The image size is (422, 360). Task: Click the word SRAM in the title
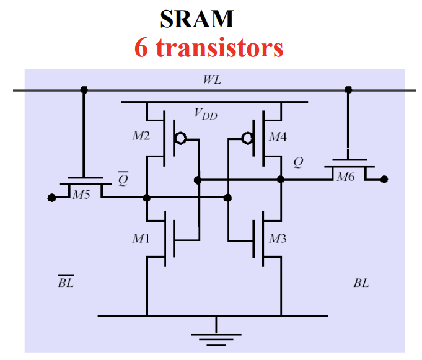197,19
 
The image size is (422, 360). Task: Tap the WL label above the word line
212,81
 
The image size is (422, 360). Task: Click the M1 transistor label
139,239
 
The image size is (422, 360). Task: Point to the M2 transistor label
141,136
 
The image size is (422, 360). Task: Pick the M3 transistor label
277,239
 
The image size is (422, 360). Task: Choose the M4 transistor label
276,136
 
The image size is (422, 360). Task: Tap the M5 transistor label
81,195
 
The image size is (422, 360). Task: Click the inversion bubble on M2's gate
180,138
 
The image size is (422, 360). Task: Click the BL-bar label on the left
66,283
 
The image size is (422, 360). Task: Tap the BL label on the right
361,283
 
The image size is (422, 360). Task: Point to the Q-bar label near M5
123,179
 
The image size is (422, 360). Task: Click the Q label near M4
299,162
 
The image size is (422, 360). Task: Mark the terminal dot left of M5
51,198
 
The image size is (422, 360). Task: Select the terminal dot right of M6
384,180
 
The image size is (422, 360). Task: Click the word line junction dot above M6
349,90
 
